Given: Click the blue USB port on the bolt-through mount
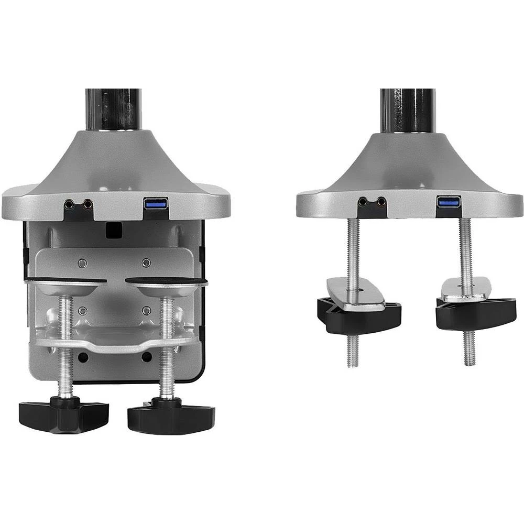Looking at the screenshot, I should tap(449, 201).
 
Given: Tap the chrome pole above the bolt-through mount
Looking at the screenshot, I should tap(408, 110).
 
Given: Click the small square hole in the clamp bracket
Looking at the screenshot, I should tap(111, 228).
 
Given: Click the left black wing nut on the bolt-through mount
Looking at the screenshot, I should tap(358, 314).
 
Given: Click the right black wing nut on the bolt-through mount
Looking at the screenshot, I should tap(475, 312).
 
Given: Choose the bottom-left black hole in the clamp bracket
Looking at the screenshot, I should tap(83, 357).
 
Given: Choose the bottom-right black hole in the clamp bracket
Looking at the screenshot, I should tap(147, 357).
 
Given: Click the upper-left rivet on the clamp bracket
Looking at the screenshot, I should tap(82, 263).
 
